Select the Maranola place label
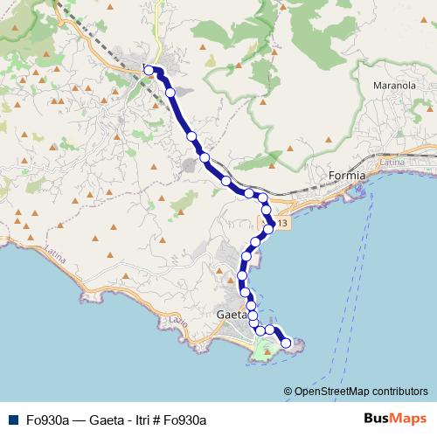coord(392,87)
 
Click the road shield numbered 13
coord(286,225)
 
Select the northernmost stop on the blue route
coord(149,70)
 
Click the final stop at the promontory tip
coord(285,343)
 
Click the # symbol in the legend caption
coord(159,419)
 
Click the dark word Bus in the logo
coord(377,418)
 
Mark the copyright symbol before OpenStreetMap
coord(288,391)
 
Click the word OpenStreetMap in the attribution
coord(330,391)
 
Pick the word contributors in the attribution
coord(399,391)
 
